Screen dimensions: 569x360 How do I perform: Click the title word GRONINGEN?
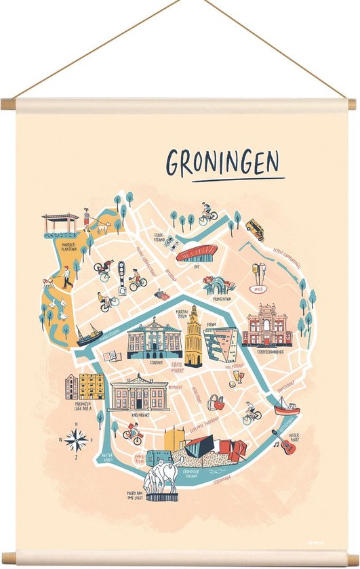(x=222, y=163)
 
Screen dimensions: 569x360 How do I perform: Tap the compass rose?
(x=77, y=440)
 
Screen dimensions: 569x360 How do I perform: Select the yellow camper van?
(x=255, y=229)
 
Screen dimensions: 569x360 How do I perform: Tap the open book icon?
(x=113, y=356)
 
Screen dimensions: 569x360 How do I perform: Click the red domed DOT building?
(x=197, y=253)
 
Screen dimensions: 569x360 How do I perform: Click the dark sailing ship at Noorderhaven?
(x=88, y=335)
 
